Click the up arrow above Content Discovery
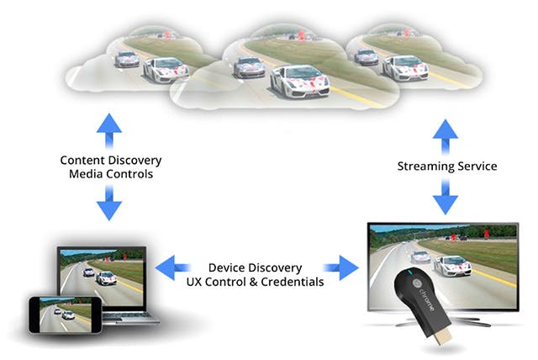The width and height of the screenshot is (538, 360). [x=109, y=130]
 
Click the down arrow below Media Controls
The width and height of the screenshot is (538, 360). [x=109, y=203]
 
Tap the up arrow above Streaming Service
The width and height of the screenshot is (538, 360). [x=446, y=136]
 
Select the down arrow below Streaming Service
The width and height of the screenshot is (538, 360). [x=446, y=197]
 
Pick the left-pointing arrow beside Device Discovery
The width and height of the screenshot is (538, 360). [x=172, y=267]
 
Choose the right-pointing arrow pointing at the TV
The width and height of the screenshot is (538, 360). [x=340, y=267]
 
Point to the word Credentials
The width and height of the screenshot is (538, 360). [x=293, y=282]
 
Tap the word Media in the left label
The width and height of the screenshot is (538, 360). [x=85, y=174]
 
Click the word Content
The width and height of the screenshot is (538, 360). [x=82, y=161]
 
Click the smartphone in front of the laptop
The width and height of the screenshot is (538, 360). [x=66, y=315]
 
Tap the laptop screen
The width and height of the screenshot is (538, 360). [x=102, y=278]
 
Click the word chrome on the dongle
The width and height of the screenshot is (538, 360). [x=427, y=300]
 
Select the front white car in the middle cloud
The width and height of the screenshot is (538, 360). [x=300, y=82]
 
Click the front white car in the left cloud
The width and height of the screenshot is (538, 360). [x=166, y=70]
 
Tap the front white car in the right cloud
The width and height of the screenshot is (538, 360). [x=405, y=68]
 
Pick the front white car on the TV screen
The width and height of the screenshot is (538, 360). [x=453, y=266]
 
